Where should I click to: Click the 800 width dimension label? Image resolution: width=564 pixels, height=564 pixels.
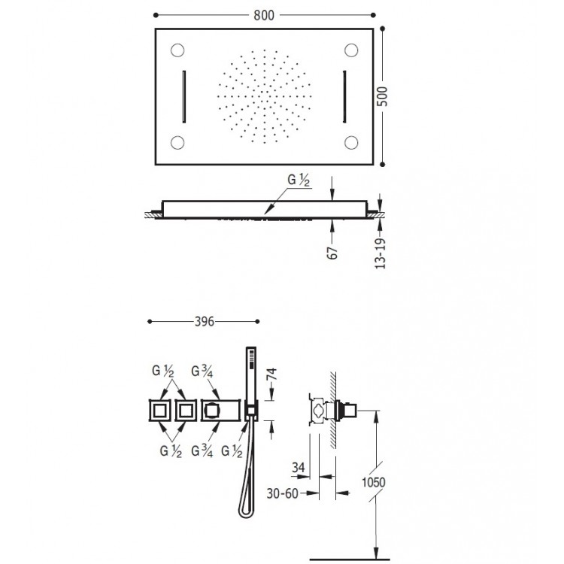point(264,15)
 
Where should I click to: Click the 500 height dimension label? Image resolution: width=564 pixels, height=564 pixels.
point(384,96)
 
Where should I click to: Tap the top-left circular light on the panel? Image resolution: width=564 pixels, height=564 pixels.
point(177,50)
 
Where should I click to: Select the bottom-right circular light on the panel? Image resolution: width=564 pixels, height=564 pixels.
point(351,142)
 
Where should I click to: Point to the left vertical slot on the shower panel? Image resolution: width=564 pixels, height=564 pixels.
point(184,97)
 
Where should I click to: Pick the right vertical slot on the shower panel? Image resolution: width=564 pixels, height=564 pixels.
point(344,97)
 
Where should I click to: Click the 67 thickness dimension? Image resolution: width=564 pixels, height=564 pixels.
point(332,253)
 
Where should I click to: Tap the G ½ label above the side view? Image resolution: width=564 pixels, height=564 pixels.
point(299,180)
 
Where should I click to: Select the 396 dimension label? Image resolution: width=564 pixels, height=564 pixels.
point(205,321)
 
